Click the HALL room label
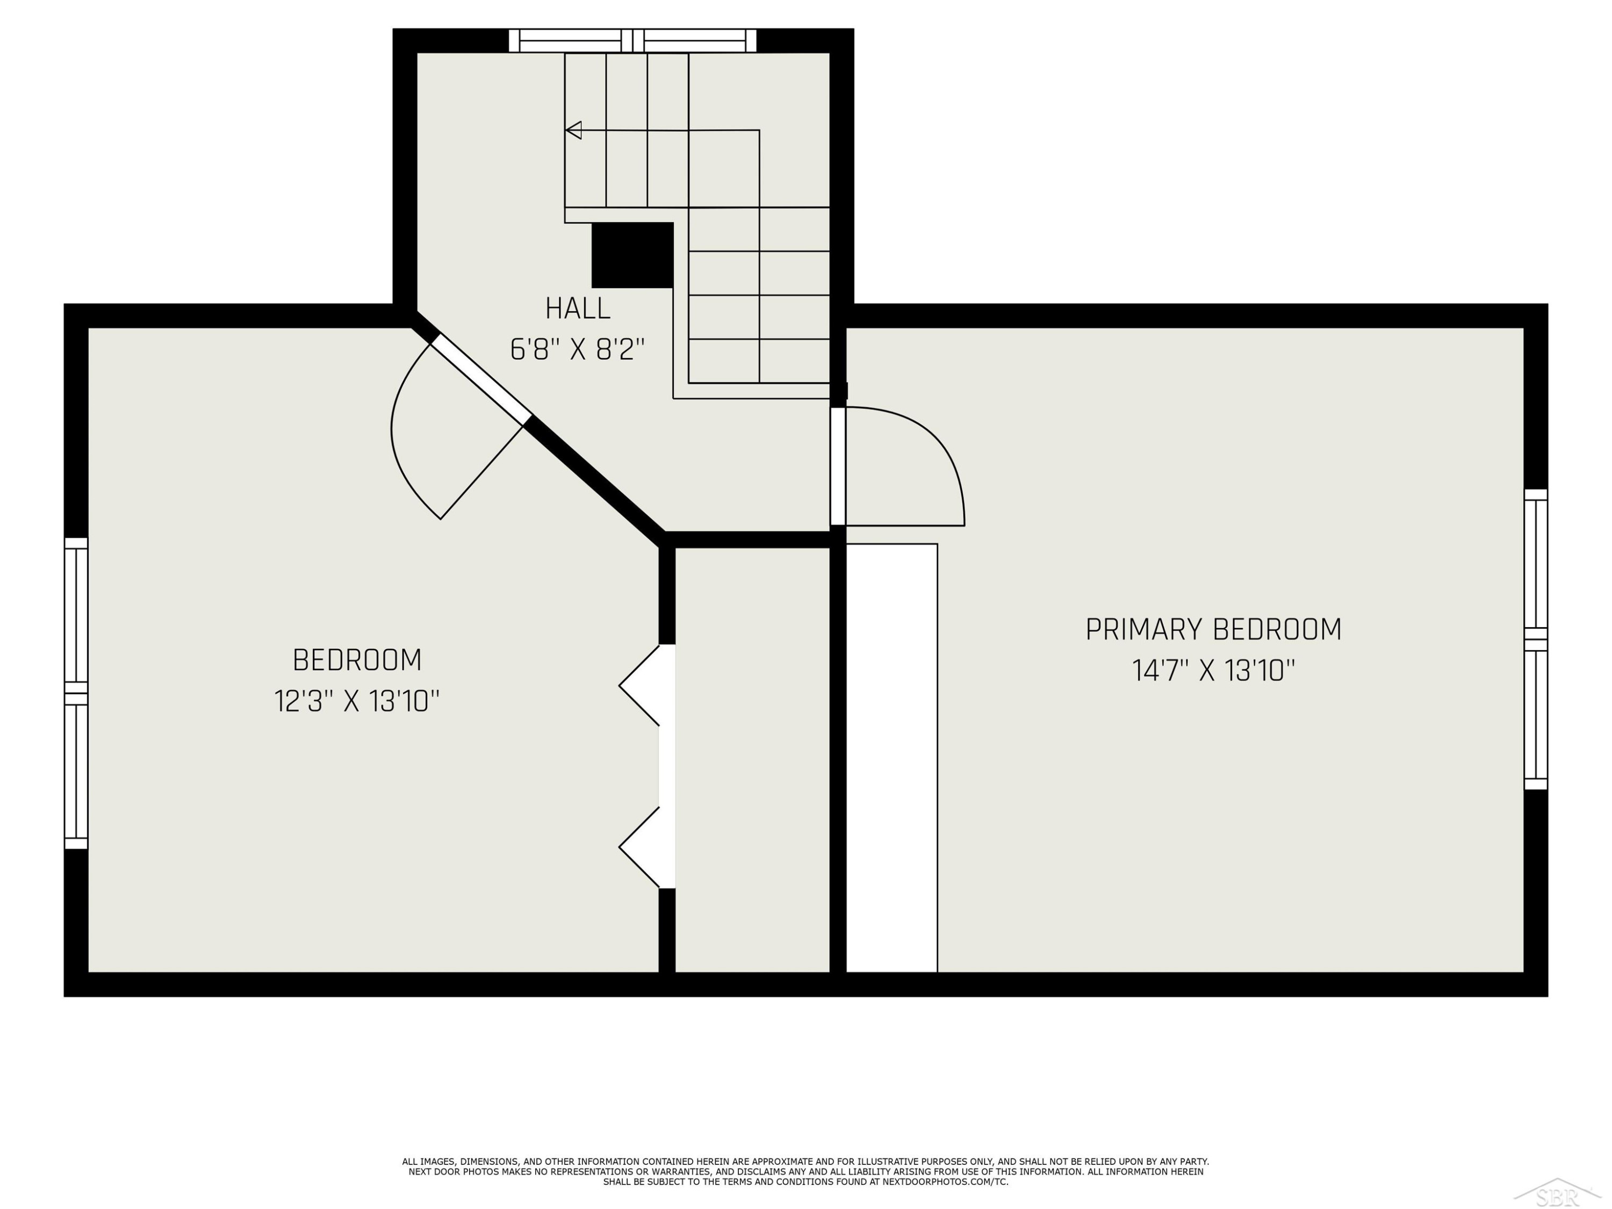578,308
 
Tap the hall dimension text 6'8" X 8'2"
578,350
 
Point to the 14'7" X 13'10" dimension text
1213,671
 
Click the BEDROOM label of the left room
357,660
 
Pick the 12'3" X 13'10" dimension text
357,701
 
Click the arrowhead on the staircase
573,131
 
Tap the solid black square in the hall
632,255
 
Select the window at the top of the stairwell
632,41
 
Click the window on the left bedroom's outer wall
76,693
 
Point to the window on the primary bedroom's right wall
1536,639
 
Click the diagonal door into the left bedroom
481,380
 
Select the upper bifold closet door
639,685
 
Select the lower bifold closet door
639,847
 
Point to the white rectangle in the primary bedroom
891,758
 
